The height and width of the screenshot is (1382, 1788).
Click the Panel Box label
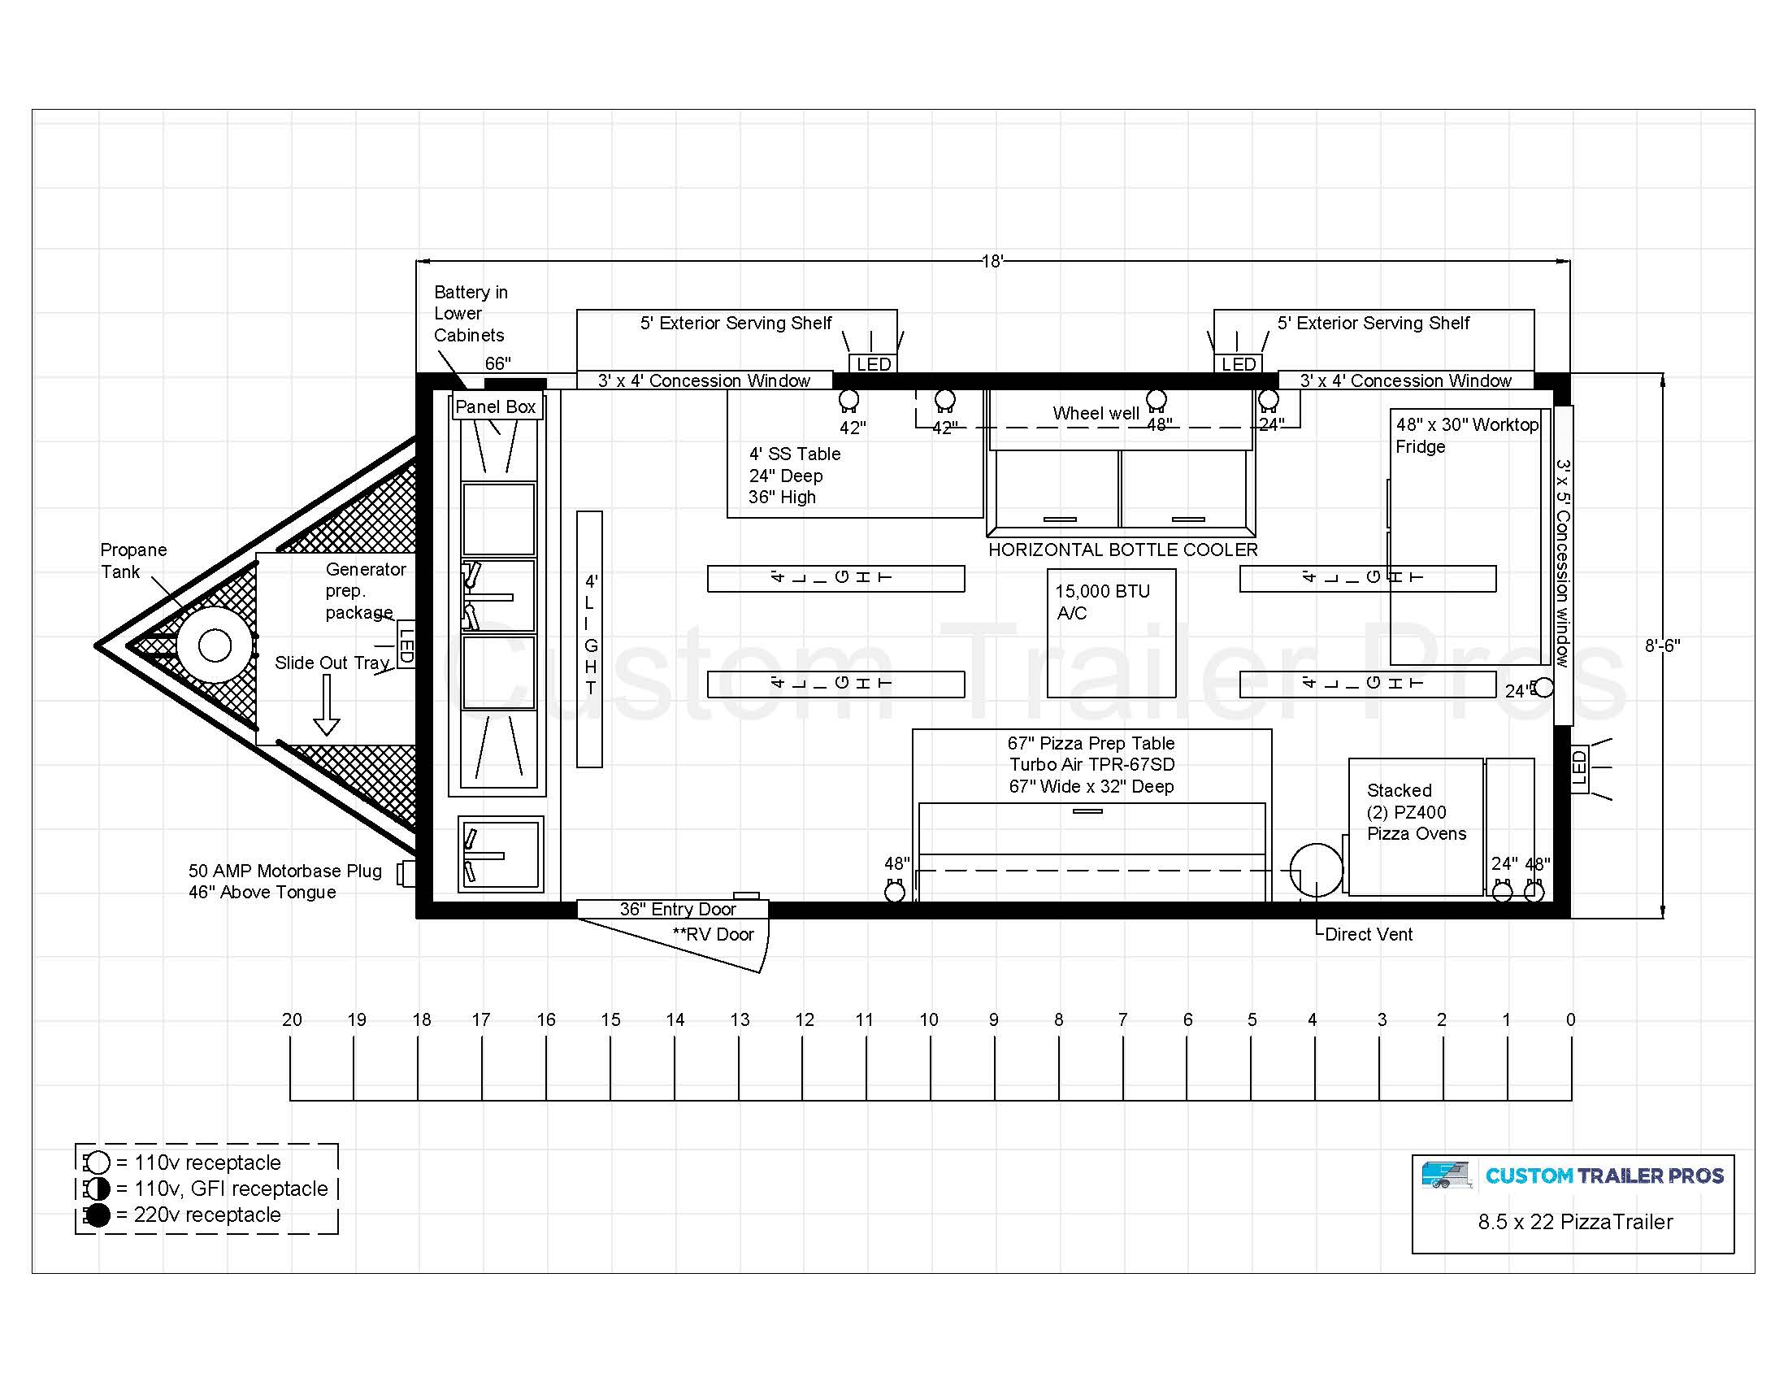(495, 407)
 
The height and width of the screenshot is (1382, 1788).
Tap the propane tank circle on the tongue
(215, 645)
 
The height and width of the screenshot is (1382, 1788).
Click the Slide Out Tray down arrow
(327, 705)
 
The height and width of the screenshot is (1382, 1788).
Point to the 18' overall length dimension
(992, 261)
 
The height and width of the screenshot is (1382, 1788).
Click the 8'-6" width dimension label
(1663, 645)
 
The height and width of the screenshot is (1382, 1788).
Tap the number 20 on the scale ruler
(292, 1019)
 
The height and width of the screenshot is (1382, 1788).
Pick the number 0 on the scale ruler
(1570, 1019)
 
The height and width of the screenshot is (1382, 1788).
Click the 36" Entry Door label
(678, 909)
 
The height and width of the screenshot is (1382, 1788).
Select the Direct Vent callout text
(1369, 934)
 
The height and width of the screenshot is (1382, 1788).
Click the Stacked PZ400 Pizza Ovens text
(1417, 812)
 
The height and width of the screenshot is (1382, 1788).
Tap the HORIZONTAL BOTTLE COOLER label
(1122, 550)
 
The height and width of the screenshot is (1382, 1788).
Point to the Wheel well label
(1096, 414)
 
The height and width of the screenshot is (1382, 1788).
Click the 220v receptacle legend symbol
(98, 1215)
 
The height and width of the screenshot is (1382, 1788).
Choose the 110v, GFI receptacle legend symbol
(98, 1189)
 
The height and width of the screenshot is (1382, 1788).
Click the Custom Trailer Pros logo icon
(1447, 1175)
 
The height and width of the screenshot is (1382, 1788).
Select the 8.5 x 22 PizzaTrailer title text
(1575, 1222)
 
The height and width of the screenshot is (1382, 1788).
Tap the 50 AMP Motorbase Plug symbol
(406, 873)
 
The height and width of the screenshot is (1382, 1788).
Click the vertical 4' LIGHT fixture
(589, 640)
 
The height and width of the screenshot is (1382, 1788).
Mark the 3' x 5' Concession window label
(1563, 563)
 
